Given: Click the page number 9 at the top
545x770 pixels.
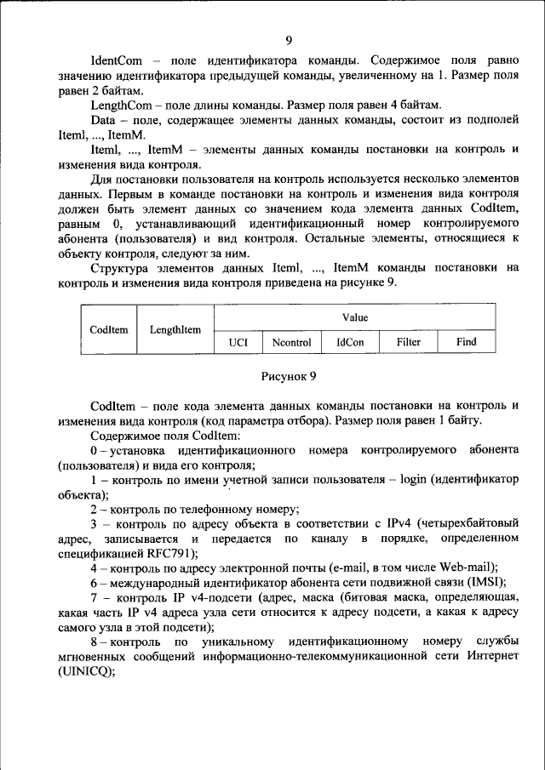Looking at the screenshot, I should tap(289, 40).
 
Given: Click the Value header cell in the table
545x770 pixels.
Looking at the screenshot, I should tap(354, 317).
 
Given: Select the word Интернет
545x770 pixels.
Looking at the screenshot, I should tap(493, 655).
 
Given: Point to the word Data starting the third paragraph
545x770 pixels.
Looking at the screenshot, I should tap(103, 120).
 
